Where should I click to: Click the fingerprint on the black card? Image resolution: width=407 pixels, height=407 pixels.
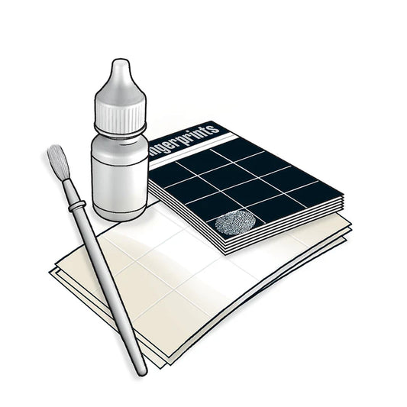tap(234, 222)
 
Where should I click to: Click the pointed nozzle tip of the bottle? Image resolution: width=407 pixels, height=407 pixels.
tap(118, 66)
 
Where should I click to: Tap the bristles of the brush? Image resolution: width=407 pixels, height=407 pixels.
tap(57, 162)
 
